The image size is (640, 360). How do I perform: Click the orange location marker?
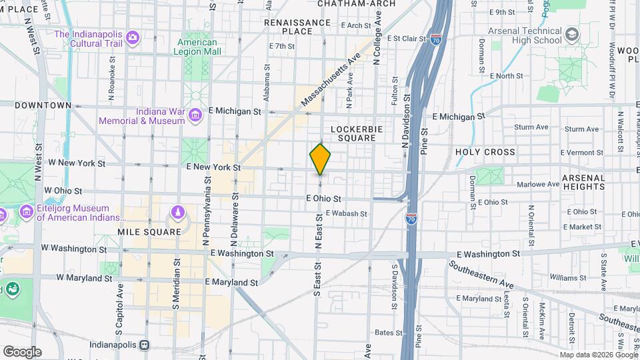[320, 159]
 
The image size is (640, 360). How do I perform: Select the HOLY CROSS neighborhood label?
[485, 152]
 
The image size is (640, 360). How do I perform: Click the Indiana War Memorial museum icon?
[195, 116]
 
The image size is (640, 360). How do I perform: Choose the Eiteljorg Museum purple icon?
[27, 213]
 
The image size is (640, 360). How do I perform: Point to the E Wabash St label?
[346, 214]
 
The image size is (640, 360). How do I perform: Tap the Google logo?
[22, 352]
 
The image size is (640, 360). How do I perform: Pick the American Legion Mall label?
[197, 46]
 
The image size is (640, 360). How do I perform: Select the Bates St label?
[385, 332]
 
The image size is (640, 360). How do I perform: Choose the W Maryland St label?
[84, 277]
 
